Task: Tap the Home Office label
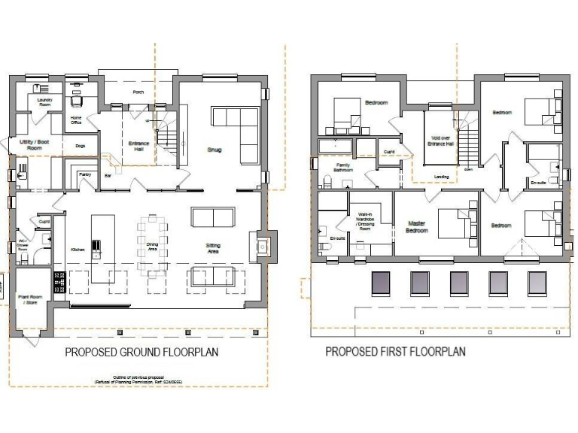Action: point(76,120)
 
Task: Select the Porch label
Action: point(138,92)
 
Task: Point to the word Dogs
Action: point(80,147)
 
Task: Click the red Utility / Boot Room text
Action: point(24,145)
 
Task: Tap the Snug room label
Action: point(214,150)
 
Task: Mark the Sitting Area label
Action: point(213,247)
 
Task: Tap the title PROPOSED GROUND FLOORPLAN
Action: point(141,352)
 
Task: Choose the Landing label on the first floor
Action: point(443,177)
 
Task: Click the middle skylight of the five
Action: point(458,283)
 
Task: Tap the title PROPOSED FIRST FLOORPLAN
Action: point(395,351)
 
